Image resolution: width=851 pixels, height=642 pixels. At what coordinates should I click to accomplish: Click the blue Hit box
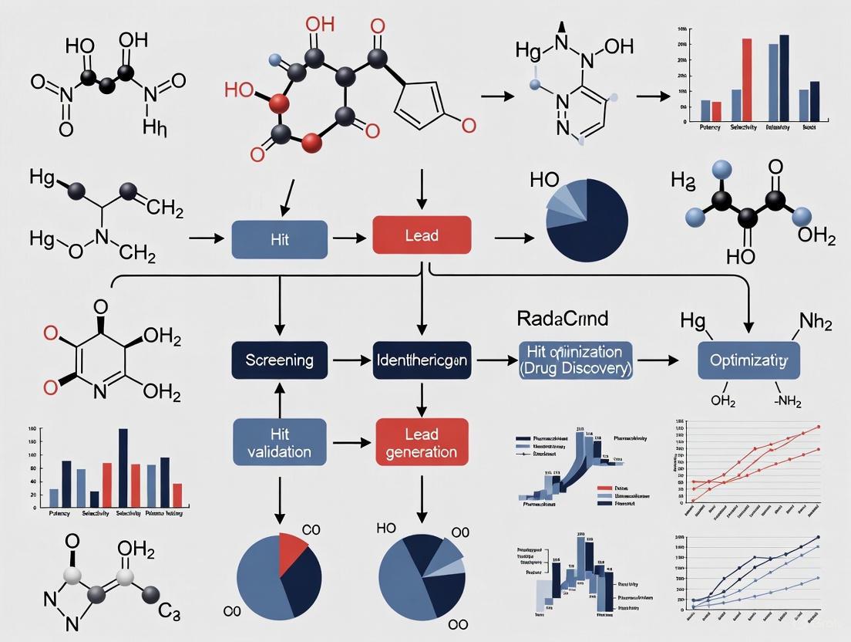(279, 239)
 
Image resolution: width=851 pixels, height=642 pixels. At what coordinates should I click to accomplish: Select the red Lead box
(421, 235)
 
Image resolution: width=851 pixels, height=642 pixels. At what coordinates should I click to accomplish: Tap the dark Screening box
(279, 360)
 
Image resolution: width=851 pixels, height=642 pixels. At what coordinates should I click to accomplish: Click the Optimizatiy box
(748, 360)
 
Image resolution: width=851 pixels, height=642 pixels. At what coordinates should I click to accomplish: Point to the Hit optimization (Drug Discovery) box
(575, 360)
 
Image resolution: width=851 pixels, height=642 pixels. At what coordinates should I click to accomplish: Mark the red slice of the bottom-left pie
(294, 549)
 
